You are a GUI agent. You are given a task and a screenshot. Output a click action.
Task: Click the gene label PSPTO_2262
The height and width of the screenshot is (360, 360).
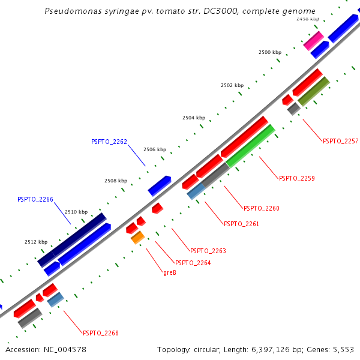[109, 142]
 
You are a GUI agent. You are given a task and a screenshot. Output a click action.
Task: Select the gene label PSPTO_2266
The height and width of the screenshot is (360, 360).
[35, 199]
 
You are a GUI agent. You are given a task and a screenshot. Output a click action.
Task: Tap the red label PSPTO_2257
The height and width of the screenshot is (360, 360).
[340, 142]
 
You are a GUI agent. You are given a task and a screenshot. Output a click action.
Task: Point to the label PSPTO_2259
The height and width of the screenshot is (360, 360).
[296, 178]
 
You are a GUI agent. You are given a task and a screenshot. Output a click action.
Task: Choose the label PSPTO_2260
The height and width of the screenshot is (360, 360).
[261, 209]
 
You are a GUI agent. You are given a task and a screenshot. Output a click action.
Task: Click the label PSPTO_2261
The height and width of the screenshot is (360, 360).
[241, 224]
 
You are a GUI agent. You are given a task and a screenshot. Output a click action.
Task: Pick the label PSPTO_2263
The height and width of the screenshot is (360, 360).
[208, 251]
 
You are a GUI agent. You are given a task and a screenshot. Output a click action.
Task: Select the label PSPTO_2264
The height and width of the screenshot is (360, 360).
[193, 263]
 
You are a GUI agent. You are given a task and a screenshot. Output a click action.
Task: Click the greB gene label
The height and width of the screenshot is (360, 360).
[169, 273]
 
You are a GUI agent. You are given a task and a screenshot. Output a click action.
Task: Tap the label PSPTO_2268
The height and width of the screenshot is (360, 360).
[101, 333]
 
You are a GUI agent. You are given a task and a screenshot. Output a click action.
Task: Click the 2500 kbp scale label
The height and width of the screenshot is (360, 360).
[270, 53]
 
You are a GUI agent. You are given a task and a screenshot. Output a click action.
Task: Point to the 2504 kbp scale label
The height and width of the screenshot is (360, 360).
[194, 118]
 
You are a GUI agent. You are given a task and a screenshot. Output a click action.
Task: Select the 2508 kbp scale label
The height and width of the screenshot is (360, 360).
[116, 181]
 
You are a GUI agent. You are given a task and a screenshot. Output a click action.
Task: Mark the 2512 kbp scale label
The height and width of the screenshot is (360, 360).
[36, 242]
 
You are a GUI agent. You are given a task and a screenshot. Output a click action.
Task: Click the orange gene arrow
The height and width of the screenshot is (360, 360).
[137, 238]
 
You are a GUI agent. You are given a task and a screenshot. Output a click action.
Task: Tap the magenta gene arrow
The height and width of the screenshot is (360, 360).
[313, 41]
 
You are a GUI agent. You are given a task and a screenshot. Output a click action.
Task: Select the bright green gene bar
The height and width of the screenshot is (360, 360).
[251, 146]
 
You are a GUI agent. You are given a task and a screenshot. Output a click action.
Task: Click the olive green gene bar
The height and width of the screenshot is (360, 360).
[314, 91]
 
